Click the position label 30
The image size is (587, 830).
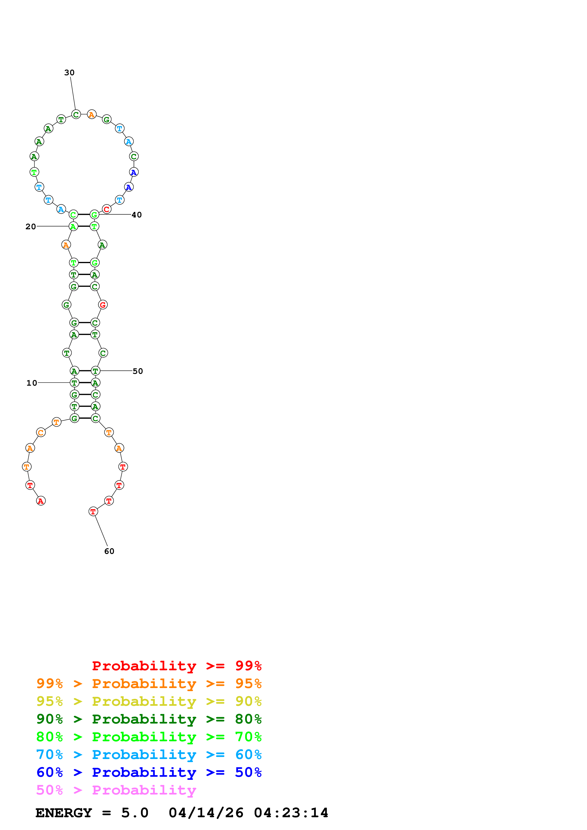coord(69,73)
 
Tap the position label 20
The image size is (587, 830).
coord(31,227)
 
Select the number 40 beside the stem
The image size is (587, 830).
coord(136,215)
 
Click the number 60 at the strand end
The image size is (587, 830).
coord(109,551)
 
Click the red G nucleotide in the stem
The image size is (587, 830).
coord(103,305)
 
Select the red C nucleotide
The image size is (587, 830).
coord(106,209)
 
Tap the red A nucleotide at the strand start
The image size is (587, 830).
coord(41,501)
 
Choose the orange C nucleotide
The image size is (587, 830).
coord(41,432)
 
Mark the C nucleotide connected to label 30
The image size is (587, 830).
coord(76,115)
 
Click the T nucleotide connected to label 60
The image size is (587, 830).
coord(93,512)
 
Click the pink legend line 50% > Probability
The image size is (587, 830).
coord(116,790)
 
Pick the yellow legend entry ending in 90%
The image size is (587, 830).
coord(149,701)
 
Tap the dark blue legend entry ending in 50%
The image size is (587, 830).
coord(149,773)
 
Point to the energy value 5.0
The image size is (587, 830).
coord(134,813)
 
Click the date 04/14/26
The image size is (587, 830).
coord(206,813)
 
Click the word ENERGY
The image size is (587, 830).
coord(64,813)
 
